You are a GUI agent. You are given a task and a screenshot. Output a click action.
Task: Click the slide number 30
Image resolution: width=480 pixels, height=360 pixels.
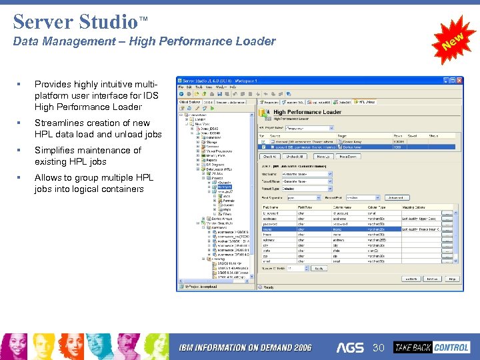[x=379, y=347]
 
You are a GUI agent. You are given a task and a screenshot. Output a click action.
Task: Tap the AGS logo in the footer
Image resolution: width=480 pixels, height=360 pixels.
[x=350, y=347]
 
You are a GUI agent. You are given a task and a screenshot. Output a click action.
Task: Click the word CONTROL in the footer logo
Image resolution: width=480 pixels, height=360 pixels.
[x=451, y=347]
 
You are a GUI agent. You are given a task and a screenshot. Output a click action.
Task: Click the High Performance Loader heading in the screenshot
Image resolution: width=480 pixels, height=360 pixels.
[x=307, y=112]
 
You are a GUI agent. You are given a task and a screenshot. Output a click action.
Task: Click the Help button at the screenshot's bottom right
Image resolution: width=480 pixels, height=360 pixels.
[x=452, y=279]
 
